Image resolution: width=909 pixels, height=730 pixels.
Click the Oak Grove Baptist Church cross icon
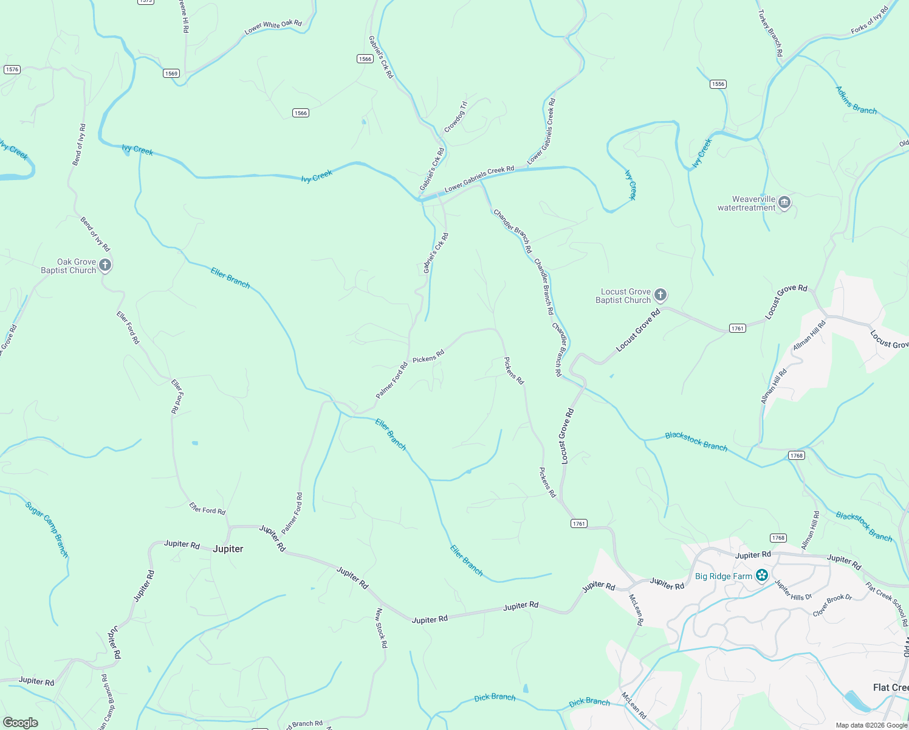(x=105, y=265)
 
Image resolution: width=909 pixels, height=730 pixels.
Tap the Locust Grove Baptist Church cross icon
(x=660, y=295)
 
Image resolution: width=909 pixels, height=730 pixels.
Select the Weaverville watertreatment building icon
(x=784, y=202)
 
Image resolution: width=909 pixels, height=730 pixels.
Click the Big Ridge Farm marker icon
(x=762, y=575)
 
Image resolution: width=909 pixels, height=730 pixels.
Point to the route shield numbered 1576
(x=12, y=69)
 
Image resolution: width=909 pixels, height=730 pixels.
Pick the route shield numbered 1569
(x=171, y=74)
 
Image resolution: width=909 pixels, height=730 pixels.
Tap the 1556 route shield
(x=718, y=84)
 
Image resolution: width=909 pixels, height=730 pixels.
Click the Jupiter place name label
(x=228, y=549)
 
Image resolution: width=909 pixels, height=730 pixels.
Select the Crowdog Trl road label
(x=455, y=117)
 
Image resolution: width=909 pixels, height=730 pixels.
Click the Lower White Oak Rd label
(x=273, y=26)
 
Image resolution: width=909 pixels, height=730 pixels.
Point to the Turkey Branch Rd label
(x=770, y=33)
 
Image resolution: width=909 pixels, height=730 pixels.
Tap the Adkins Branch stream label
(x=856, y=100)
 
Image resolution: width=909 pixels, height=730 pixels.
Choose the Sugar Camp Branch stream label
(x=47, y=529)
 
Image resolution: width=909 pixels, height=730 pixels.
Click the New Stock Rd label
(x=381, y=628)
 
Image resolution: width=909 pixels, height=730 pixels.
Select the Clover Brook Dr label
(x=832, y=605)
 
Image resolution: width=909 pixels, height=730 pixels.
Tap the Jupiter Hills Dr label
(x=793, y=591)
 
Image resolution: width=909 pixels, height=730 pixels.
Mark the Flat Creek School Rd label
(x=887, y=604)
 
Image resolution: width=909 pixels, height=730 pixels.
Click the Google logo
(x=21, y=723)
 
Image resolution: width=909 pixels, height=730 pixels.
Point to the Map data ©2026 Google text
(x=871, y=725)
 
